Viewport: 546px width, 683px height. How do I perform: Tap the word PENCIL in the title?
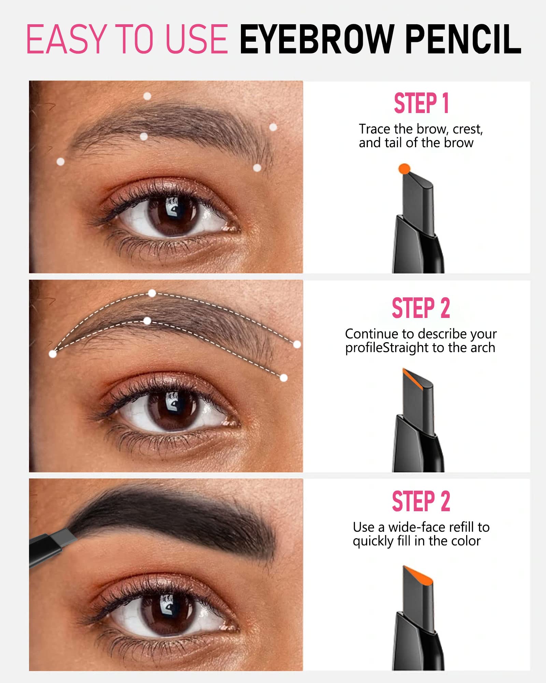point(463,39)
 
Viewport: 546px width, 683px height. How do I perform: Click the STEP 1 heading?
point(421,103)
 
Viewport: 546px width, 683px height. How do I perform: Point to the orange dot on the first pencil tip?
point(404,169)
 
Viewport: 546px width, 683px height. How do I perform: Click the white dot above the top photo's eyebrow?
point(147,96)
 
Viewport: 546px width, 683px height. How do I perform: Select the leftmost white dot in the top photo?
point(60,162)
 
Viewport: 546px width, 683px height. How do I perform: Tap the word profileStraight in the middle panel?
point(387,348)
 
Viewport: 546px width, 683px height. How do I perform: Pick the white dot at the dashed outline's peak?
point(152,293)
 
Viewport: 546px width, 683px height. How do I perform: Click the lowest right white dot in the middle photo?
point(284,378)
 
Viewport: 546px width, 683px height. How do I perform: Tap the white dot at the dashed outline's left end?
point(53,354)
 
